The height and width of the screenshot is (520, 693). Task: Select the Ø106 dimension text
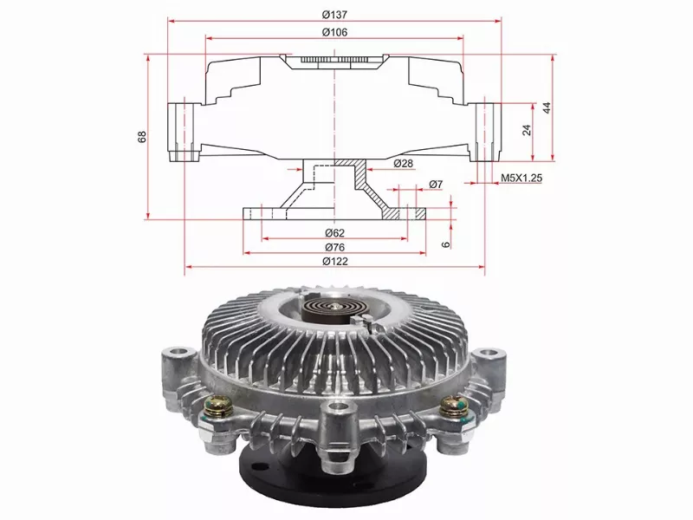[334, 32]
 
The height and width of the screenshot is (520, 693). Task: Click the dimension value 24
[526, 130]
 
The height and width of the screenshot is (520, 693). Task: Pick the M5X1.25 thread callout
[521, 178]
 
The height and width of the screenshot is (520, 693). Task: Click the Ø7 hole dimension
[436, 185]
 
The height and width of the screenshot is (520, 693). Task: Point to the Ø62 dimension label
[335, 232]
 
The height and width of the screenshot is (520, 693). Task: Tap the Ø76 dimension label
[335, 247]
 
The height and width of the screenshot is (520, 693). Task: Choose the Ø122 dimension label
[335, 262]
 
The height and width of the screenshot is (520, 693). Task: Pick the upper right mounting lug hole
[491, 353]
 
